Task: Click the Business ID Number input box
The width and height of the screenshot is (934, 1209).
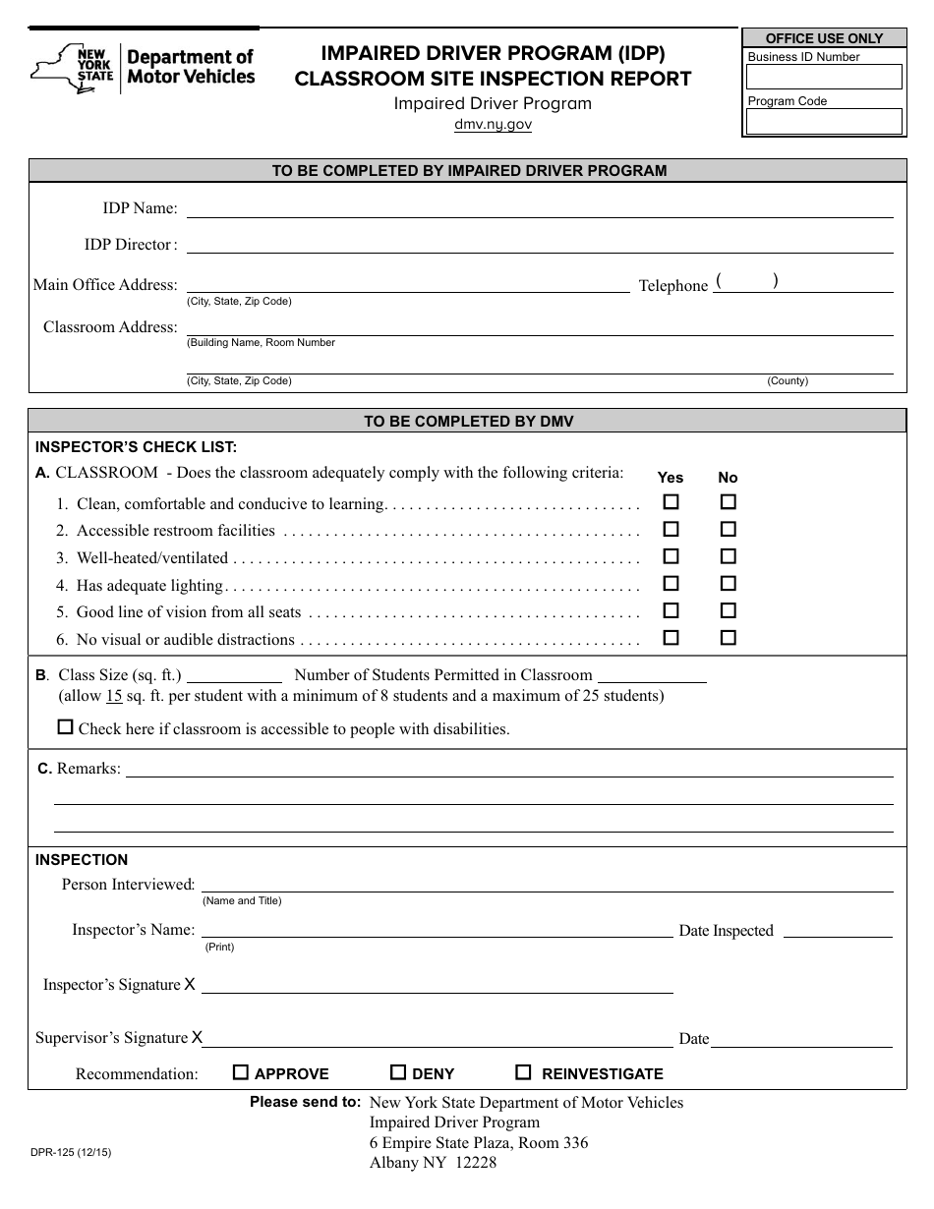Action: click(824, 77)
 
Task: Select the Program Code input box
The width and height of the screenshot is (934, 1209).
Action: click(824, 121)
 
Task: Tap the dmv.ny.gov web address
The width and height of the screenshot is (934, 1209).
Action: click(493, 125)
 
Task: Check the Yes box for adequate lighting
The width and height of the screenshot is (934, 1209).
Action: click(671, 583)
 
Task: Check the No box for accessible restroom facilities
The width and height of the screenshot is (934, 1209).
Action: click(728, 529)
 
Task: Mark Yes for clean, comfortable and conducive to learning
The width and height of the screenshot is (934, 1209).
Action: click(671, 501)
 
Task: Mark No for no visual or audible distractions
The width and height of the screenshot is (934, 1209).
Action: click(728, 637)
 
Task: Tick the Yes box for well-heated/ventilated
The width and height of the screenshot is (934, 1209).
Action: click(671, 555)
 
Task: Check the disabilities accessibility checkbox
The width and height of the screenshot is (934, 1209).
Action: click(66, 727)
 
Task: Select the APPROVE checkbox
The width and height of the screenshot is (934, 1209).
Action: click(240, 1072)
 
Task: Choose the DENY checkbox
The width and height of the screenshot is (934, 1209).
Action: click(398, 1072)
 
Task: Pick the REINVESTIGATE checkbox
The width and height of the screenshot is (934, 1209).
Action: click(524, 1072)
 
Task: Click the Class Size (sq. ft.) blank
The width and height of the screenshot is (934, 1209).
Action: click(234, 675)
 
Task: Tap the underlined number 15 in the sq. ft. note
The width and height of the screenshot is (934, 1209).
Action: click(114, 696)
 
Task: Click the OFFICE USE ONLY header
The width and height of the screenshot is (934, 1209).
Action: click(824, 38)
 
